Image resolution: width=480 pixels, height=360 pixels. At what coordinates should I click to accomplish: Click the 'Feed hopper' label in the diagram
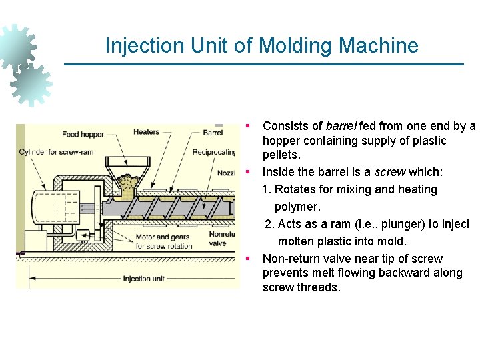83,134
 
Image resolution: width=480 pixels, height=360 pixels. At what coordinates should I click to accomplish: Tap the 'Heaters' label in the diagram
146,132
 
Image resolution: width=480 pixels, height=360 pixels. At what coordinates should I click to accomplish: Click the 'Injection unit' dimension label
143,279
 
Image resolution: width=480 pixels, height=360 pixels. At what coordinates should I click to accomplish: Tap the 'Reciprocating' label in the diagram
214,152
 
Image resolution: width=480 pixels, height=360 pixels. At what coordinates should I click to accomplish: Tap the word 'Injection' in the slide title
143,46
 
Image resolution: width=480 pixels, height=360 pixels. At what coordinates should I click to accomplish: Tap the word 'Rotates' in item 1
296,189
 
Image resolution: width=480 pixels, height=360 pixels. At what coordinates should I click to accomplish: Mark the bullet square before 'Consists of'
247,125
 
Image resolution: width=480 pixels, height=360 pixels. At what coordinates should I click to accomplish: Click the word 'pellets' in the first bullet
282,155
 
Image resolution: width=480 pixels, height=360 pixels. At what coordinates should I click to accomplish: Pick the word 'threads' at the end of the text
319,287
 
